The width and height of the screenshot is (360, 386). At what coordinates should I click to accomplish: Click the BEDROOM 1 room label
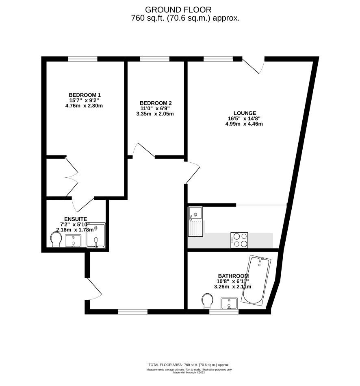[85, 95]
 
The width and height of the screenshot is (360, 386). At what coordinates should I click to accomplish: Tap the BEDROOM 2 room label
[156, 103]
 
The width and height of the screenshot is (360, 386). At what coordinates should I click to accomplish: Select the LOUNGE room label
[245, 113]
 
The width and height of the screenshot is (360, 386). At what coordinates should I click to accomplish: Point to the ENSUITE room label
[76, 219]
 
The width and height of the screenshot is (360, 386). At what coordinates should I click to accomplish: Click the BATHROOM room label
[233, 276]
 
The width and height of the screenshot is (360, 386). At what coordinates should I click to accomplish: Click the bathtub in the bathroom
[256, 280]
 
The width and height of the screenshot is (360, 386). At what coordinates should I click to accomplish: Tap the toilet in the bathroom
[207, 301]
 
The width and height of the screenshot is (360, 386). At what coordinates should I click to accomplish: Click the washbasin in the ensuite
[73, 241]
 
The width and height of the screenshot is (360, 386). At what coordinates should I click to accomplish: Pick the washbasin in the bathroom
[229, 303]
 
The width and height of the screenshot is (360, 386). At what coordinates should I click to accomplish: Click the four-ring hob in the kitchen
[239, 240]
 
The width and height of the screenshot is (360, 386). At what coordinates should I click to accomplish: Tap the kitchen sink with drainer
[195, 221]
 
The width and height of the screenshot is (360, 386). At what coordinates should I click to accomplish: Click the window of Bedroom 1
[82, 59]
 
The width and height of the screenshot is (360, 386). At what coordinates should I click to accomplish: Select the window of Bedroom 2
[155, 59]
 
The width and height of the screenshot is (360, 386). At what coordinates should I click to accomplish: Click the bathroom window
[224, 312]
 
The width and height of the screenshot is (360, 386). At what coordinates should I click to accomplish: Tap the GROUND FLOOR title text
[178, 10]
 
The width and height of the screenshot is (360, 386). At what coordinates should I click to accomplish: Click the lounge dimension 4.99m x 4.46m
[244, 124]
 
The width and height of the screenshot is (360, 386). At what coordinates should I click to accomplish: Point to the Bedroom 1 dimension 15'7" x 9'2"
[84, 100]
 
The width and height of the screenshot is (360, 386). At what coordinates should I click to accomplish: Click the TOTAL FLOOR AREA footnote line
[189, 365]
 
